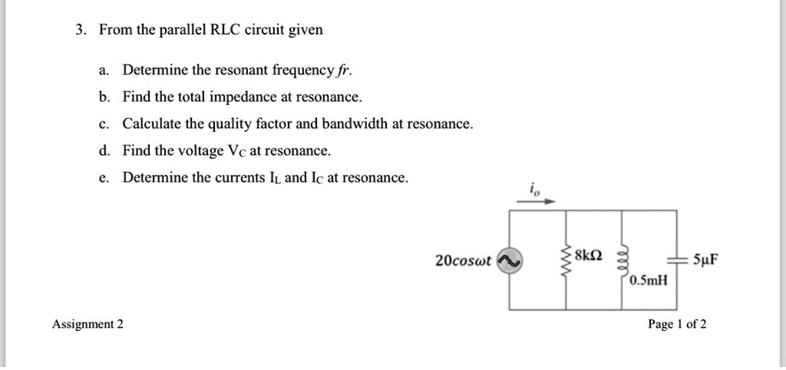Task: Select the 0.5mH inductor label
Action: click(649, 281)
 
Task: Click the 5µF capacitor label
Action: click(705, 259)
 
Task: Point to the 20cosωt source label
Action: click(463, 261)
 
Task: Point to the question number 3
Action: click(80, 31)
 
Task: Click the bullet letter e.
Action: click(103, 177)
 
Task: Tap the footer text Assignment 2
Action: click(88, 324)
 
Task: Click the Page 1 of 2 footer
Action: click(677, 324)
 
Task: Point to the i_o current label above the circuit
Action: click(532, 188)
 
